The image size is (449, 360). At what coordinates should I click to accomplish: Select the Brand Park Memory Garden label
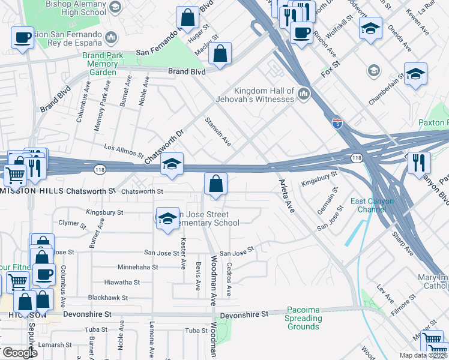pyautogui.click(x=102, y=64)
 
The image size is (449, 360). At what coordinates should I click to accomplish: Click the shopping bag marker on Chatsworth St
pyautogui.click(x=215, y=184)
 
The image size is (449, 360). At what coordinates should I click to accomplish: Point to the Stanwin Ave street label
pyautogui.click(x=218, y=131)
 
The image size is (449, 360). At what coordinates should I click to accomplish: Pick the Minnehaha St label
pyautogui.click(x=137, y=267)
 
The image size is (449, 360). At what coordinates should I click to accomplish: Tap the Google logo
pyautogui.click(x=20, y=353)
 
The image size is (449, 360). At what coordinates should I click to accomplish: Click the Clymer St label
pyautogui.click(x=72, y=223)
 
